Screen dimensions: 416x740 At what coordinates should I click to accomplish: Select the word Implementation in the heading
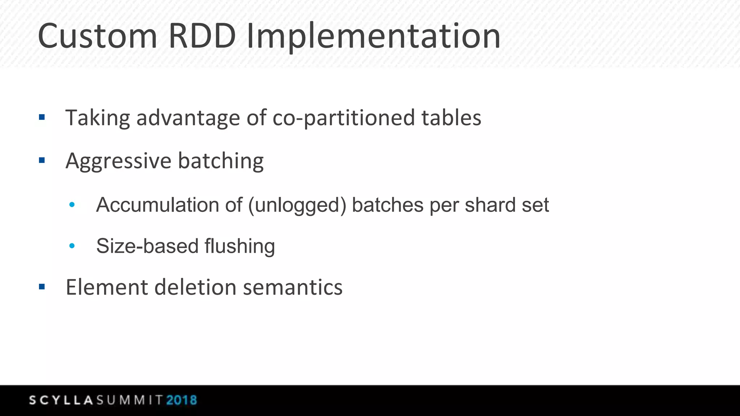tap(373, 37)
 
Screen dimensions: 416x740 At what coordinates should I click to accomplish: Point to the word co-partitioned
tap(344, 118)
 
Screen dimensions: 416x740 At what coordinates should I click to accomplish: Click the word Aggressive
tap(118, 161)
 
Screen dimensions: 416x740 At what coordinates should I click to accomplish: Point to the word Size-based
tap(147, 246)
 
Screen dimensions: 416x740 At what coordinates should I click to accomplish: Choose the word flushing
tap(240, 246)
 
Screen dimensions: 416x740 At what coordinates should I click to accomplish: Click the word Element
tap(107, 287)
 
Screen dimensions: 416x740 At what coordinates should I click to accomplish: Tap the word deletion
tap(195, 287)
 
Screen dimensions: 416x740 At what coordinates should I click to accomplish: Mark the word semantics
tap(292, 287)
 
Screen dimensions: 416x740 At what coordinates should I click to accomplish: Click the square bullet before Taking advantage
tap(42, 117)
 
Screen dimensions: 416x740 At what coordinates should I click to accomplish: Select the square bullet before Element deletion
tap(42, 287)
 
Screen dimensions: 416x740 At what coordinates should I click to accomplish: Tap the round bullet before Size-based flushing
tap(72, 246)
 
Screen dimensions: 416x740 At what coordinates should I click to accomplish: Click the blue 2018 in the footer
tap(181, 400)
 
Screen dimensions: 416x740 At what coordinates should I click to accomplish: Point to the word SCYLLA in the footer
tap(61, 400)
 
